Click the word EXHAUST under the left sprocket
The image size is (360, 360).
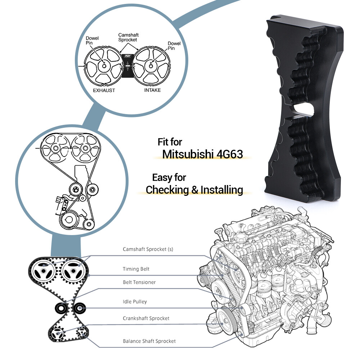104,90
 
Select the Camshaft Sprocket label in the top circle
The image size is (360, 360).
128,37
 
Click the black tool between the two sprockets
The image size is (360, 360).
128,66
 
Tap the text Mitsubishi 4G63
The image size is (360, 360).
202,154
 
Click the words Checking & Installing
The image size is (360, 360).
194,189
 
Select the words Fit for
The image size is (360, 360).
170,142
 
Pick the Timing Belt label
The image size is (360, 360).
136,269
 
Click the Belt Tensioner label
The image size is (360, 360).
139,282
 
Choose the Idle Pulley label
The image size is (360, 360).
135,301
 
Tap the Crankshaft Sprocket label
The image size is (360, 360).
146,318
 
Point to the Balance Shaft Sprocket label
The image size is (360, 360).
149,341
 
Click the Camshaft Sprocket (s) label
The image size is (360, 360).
148,249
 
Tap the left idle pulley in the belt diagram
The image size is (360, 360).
60,308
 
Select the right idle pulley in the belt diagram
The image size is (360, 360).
79,308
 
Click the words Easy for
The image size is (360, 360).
169,177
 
